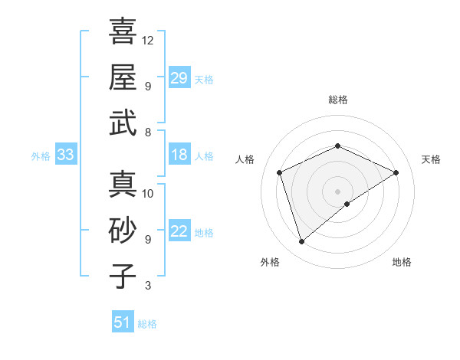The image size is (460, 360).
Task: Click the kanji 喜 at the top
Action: [x=123, y=31]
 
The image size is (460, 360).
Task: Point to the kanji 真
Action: [x=123, y=185]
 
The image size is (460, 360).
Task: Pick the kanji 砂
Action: [x=123, y=230]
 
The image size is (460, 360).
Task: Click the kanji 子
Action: [x=123, y=276]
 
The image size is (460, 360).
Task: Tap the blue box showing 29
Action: [x=179, y=77]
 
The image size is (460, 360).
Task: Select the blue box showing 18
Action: [x=179, y=155]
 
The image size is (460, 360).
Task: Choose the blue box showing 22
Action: [x=179, y=231]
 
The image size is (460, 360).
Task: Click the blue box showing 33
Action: [x=66, y=155]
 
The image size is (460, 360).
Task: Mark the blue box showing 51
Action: [x=123, y=322]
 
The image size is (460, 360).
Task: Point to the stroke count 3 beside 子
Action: [x=148, y=286]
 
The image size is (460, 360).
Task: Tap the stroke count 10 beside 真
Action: [x=148, y=194]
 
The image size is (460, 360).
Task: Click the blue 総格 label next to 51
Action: [x=148, y=324]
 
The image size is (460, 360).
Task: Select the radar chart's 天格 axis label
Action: [x=431, y=159]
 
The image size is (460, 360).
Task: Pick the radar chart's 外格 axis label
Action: [x=270, y=262]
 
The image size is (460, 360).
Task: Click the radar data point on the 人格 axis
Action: [x=280, y=172]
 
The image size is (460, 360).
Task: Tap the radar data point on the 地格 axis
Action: [x=347, y=204]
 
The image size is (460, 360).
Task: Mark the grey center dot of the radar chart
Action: [x=337, y=191]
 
